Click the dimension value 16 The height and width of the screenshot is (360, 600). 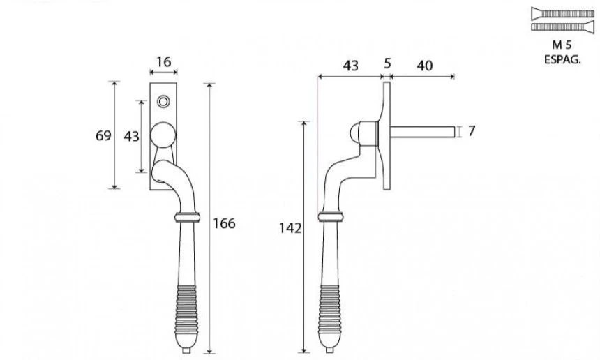[x=164, y=62]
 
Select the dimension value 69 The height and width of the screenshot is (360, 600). [x=103, y=135]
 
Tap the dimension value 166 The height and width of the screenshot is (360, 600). [x=224, y=223]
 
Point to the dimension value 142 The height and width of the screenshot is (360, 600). [x=290, y=228]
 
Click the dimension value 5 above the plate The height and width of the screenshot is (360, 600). [x=387, y=63]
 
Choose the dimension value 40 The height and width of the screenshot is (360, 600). [x=425, y=66]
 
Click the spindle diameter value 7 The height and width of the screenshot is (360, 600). [x=471, y=131]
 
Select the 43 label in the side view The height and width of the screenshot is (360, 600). [x=350, y=66]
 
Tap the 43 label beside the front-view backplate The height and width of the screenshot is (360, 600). [x=132, y=136]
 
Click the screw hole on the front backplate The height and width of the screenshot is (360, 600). [x=163, y=101]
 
